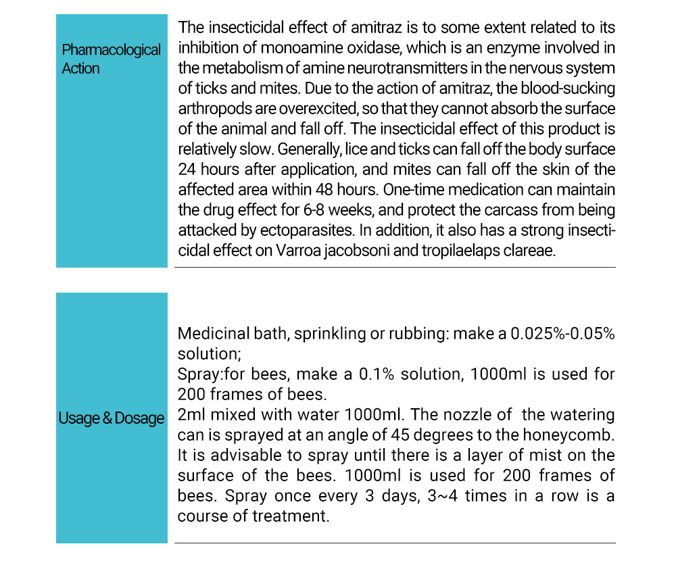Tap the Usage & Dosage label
[112, 418]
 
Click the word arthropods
[210, 109]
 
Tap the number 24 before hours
[187, 169]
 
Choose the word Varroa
[297, 250]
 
